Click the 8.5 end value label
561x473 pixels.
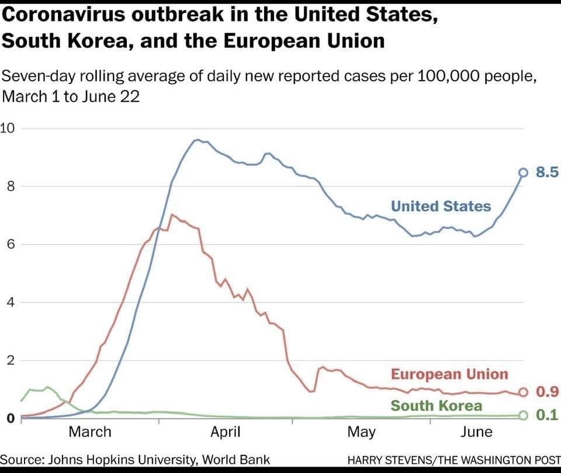click(x=547, y=172)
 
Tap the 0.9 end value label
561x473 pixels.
click(x=547, y=392)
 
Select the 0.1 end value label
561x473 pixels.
click(x=547, y=415)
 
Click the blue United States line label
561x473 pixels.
click(x=441, y=206)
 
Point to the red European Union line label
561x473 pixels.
click(x=449, y=374)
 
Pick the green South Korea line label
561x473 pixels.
click(x=436, y=406)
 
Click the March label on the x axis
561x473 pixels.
click(x=89, y=432)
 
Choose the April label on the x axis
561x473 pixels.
click(x=226, y=432)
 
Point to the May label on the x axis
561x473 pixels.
click(x=361, y=432)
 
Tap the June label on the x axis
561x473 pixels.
click(x=476, y=432)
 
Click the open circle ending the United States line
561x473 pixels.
click(x=523, y=172)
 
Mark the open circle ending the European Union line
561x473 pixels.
click(x=523, y=392)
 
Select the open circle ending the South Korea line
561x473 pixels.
click(x=523, y=415)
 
